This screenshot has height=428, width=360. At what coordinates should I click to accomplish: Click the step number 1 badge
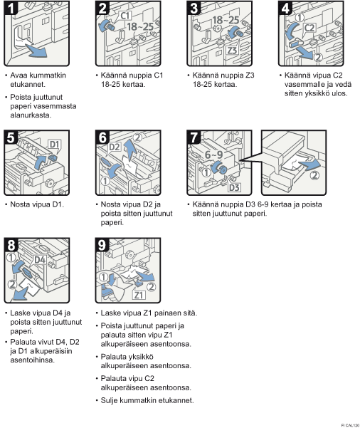coord(11,8)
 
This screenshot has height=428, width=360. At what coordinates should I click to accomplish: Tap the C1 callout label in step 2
coord(125,16)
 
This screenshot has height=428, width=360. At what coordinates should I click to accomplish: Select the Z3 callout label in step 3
coord(232,51)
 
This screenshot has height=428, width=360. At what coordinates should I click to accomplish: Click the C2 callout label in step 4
coord(309,28)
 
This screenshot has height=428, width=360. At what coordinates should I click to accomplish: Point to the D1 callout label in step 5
coord(55,145)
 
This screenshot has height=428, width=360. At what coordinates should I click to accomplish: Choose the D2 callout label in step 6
coord(115,147)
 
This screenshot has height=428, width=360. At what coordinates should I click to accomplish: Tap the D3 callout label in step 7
coord(234,187)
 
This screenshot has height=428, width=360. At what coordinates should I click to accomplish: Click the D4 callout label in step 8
coord(40,260)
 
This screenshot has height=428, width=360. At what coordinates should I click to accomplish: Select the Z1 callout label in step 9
coord(139,295)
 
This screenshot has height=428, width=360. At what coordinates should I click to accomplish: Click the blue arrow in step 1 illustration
coord(36,50)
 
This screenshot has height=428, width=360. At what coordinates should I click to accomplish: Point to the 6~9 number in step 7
coord(214,155)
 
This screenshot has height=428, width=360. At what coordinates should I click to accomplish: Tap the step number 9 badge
coord(102,245)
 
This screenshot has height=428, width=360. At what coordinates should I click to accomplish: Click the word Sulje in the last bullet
coord(110,400)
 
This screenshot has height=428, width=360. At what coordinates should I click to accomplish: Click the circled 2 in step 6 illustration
coord(138,137)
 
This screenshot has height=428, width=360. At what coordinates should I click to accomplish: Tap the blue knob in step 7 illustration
coord(221,168)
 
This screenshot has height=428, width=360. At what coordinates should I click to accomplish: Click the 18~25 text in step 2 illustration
coord(140,26)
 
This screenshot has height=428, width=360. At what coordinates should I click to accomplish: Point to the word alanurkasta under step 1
coord(31,115)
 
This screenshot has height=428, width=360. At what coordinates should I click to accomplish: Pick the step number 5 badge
coord(11,137)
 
